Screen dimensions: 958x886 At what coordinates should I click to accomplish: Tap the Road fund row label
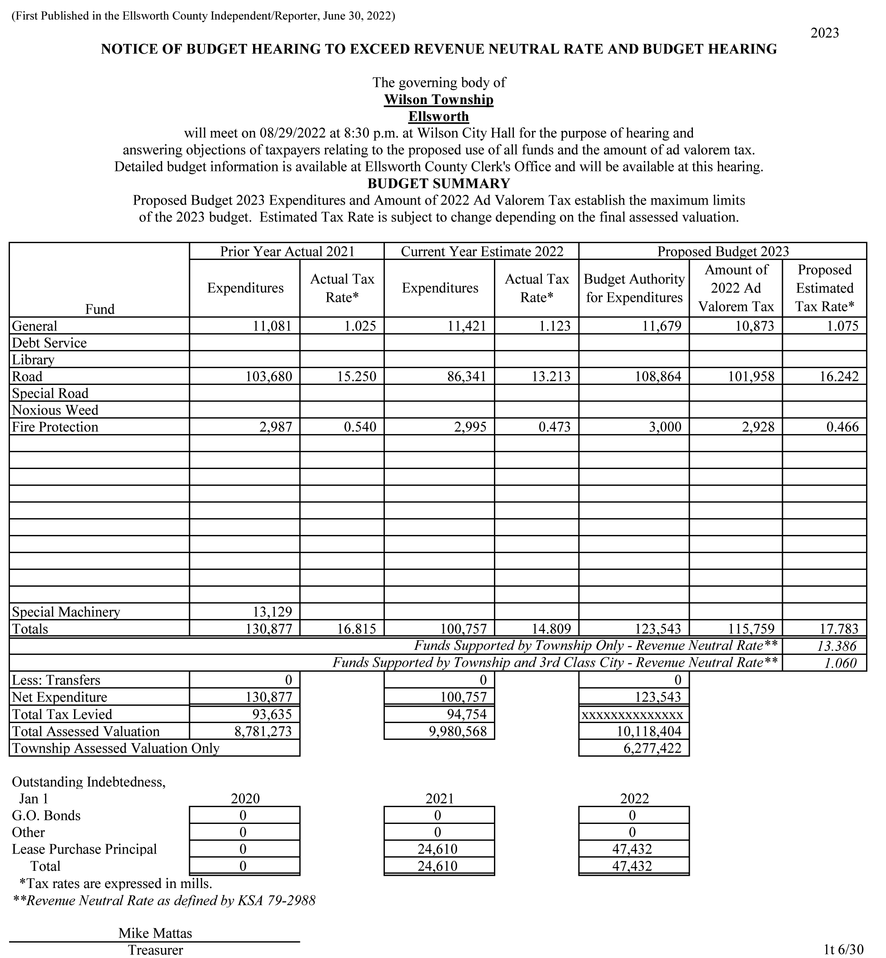[x=27, y=376]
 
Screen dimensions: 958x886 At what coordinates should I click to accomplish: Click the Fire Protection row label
[x=55, y=427]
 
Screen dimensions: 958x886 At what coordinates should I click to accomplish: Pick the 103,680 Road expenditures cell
[x=269, y=376]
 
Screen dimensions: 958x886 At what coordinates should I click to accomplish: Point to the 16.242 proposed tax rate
[x=839, y=376]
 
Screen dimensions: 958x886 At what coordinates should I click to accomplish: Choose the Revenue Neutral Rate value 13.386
[x=836, y=646]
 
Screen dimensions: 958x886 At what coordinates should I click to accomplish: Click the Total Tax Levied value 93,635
[x=272, y=714]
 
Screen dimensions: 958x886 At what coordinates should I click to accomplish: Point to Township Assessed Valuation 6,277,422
[x=652, y=748]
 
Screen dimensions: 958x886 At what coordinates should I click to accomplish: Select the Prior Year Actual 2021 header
[x=287, y=251]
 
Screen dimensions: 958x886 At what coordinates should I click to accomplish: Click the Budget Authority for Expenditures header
[x=634, y=288]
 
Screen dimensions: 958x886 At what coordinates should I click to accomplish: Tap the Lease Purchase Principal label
[x=85, y=849]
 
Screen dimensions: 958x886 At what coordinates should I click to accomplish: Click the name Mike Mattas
[x=155, y=933]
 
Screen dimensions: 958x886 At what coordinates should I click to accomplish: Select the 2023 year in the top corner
[x=824, y=33]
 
